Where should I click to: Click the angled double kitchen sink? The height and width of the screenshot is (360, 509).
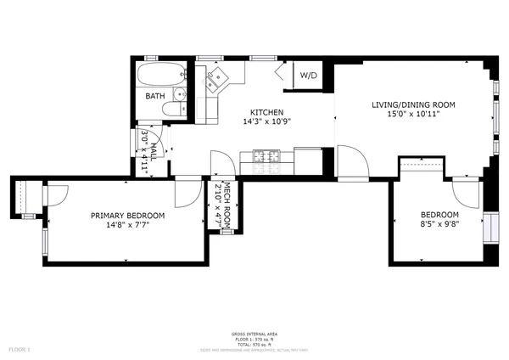point(215,82)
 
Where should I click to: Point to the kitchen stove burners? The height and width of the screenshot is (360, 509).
point(266,155)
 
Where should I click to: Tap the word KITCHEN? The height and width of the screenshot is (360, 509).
point(266,113)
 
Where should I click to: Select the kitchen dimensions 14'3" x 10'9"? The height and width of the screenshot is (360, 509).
point(266,122)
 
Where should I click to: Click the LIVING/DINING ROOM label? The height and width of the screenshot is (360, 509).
point(413,105)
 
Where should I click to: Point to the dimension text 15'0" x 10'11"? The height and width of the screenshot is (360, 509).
point(413,114)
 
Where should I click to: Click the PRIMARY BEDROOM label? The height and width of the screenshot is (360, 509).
point(127,217)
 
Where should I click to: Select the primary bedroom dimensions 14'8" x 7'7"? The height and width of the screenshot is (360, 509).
point(127,226)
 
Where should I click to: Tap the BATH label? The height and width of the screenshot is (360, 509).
point(155,96)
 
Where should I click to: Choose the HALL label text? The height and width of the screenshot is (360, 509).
point(154,147)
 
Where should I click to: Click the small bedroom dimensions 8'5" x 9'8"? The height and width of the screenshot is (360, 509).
point(439,223)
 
